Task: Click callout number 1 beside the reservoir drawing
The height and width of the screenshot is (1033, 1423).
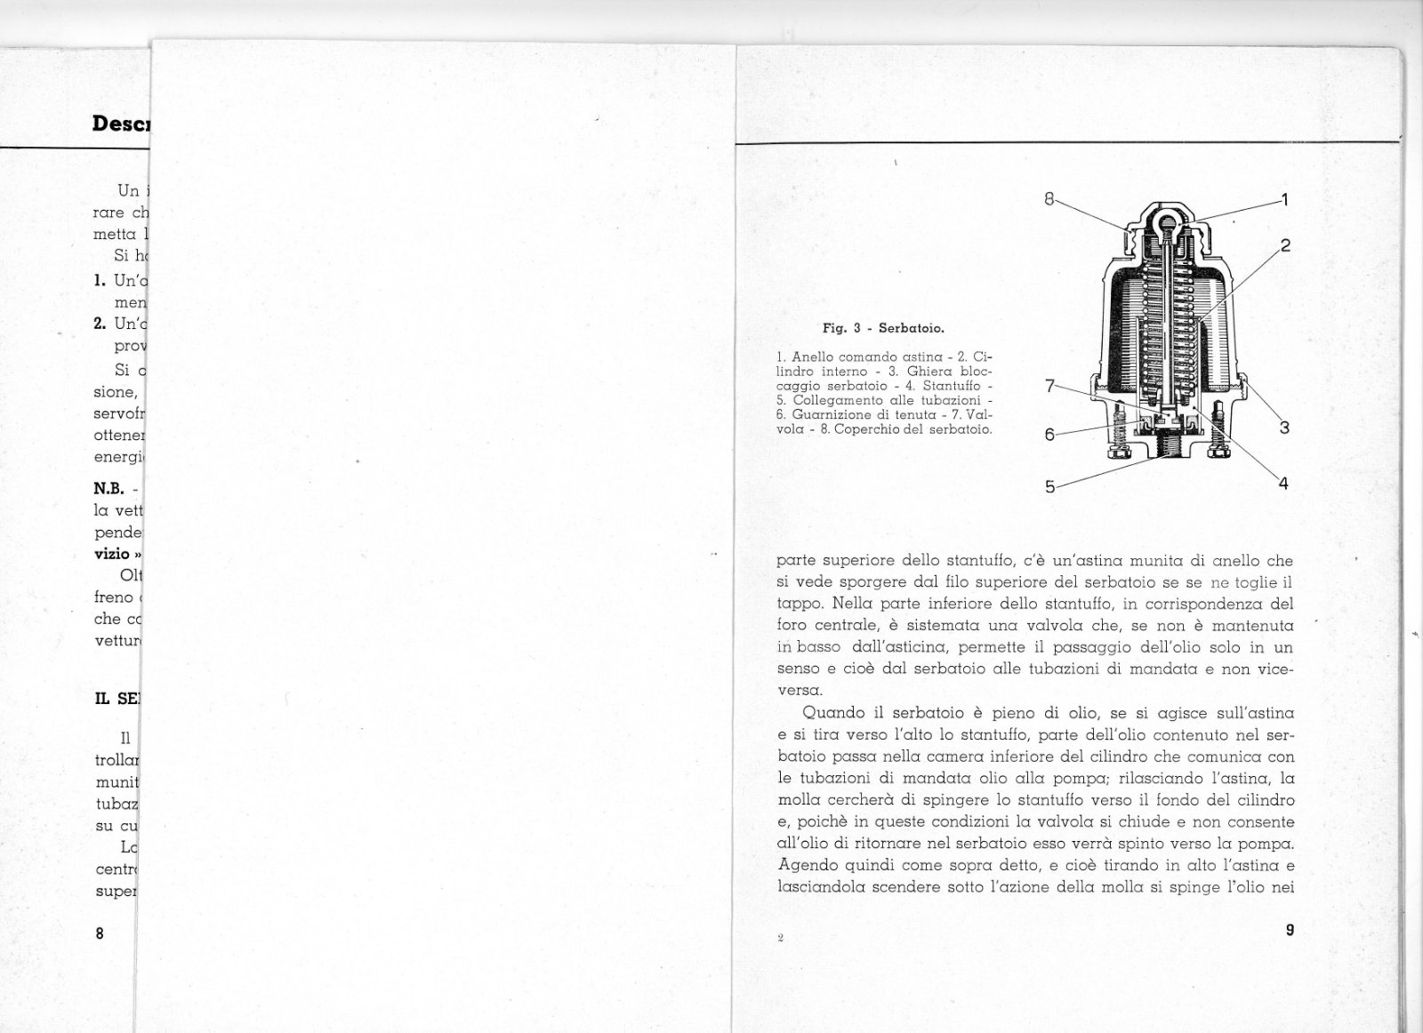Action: click(1284, 199)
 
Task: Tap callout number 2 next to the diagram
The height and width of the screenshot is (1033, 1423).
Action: click(1285, 245)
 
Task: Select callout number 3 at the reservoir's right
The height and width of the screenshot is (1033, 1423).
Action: click(1284, 428)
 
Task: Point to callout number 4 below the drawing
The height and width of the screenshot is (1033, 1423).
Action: click(1283, 484)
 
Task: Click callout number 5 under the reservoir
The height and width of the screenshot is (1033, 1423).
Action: click(1049, 486)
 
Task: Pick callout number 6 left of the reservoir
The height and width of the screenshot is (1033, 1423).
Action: click(1049, 435)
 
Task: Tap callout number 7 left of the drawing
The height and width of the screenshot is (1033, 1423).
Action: click(1049, 386)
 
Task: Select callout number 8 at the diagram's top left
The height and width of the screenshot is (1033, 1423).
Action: click(1049, 199)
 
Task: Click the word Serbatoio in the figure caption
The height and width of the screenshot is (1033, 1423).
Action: click(911, 328)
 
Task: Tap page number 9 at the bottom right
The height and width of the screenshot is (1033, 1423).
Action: click(1290, 931)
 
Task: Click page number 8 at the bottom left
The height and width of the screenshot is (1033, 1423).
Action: click(100, 933)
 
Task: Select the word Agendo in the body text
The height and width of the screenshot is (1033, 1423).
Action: click(806, 865)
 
